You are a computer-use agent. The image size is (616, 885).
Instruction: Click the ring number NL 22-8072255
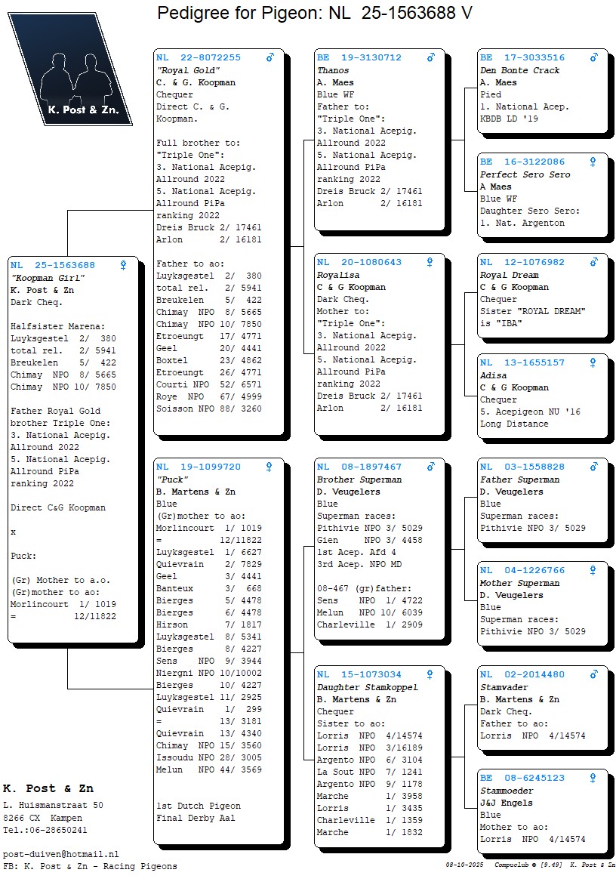coord(199,57)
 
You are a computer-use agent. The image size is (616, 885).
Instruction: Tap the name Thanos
coord(333,70)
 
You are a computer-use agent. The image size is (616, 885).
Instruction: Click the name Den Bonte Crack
coord(520,70)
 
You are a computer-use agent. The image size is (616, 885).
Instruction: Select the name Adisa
coord(494,375)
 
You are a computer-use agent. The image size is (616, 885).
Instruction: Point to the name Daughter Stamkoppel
coord(368,687)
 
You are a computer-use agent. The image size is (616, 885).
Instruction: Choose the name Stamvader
coord(504,687)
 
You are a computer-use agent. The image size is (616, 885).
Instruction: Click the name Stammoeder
coord(507,791)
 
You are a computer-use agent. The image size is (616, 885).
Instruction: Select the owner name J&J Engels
coord(507,803)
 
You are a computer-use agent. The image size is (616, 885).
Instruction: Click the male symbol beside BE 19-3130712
coord(430,57)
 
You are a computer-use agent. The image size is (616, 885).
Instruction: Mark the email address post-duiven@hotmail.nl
coord(61,853)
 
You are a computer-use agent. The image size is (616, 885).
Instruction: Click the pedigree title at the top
coord(315,13)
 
